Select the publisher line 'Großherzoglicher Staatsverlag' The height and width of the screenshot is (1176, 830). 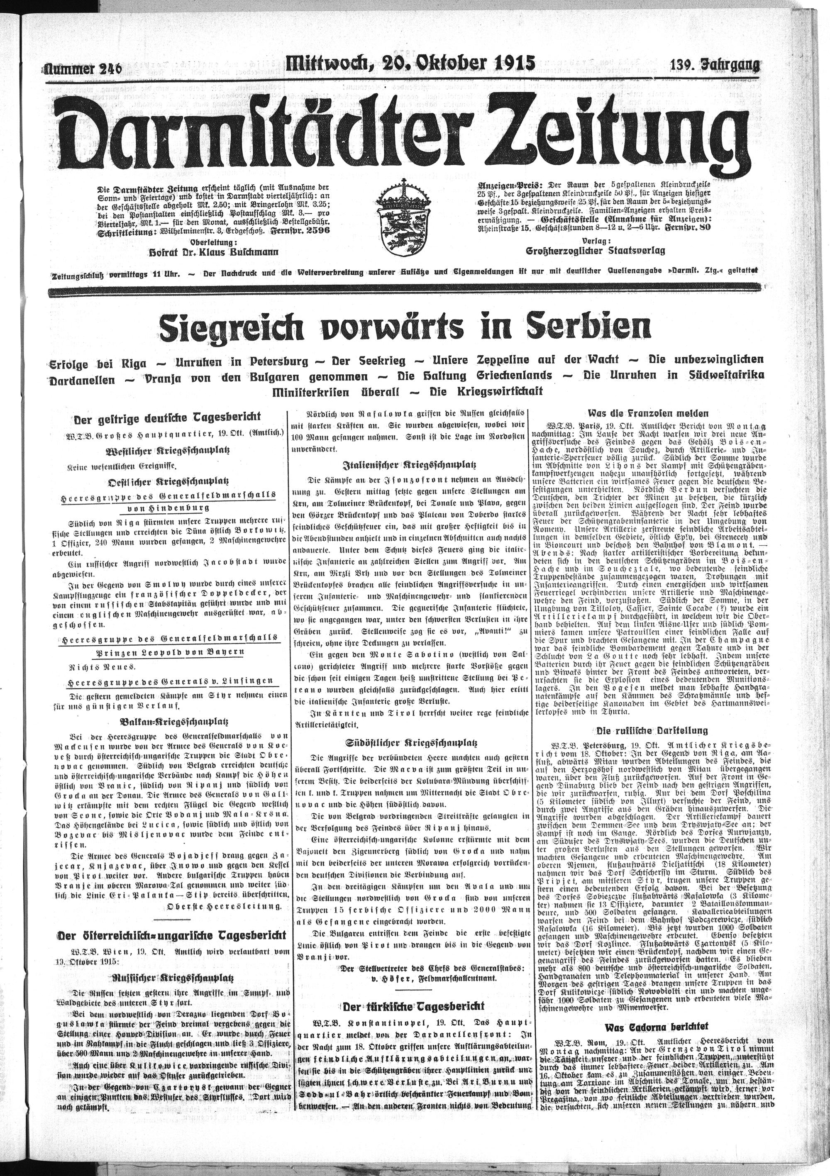596,251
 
